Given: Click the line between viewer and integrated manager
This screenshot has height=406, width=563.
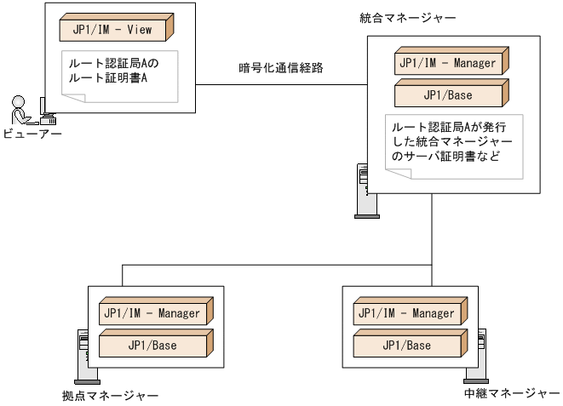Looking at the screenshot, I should [x=281, y=83].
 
